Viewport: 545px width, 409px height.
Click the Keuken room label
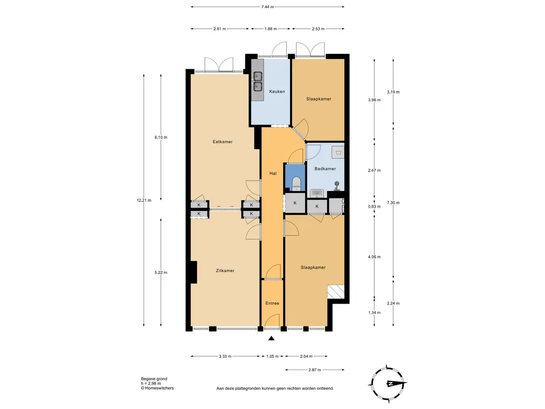(277, 92)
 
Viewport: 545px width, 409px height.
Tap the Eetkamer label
(222, 142)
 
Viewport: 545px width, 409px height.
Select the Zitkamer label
(225, 271)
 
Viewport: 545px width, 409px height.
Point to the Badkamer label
(325, 169)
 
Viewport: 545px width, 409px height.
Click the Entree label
(272, 303)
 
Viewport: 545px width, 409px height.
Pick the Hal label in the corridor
(273, 173)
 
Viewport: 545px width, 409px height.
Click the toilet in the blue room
(296, 184)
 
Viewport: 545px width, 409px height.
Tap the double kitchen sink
(258, 81)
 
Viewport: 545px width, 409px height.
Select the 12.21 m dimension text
(144, 200)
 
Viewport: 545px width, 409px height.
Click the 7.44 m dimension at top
(267, 6)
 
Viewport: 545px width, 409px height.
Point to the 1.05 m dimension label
(272, 356)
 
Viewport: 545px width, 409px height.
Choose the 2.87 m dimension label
(315, 370)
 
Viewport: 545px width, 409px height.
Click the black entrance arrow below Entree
(271, 338)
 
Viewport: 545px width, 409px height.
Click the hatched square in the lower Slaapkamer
(336, 292)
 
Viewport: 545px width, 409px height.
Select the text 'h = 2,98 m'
(151, 383)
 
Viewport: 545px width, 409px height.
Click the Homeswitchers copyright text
(157, 388)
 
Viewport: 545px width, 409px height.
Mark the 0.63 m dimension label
(374, 207)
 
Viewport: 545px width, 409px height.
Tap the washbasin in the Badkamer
(317, 193)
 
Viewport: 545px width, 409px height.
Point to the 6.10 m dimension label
(161, 137)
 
